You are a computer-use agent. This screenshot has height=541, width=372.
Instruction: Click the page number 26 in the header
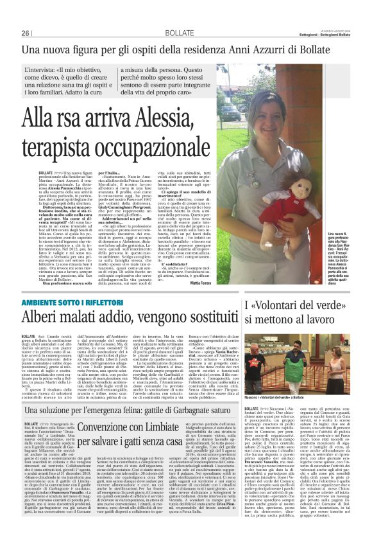click(x=26, y=33)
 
